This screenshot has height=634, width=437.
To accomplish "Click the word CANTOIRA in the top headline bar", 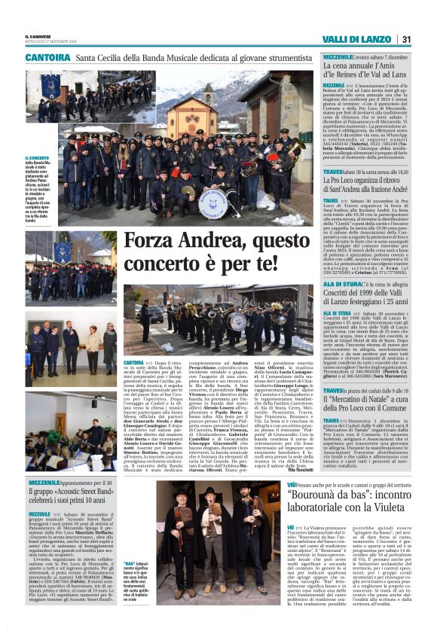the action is click(x=48, y=57).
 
